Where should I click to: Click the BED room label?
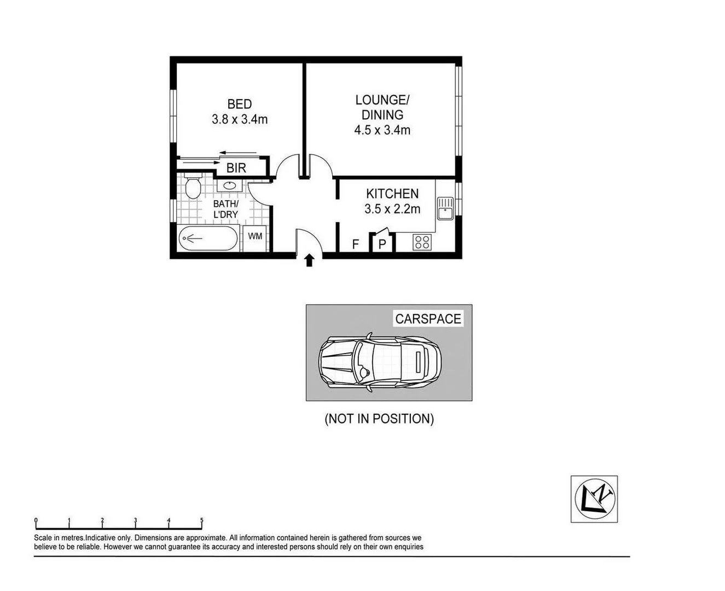240,104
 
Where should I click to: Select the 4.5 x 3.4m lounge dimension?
382,130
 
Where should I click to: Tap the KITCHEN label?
392,194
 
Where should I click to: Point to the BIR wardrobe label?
236,168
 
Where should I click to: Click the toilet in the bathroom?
192,187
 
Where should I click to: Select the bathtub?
208,239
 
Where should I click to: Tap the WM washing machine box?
255,236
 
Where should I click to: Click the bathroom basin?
230,185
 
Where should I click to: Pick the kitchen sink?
445,208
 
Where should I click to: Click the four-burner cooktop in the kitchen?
422,242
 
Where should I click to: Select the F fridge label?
355,244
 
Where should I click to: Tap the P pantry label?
382,244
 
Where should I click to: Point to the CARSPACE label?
428,319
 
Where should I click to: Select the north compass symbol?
594,499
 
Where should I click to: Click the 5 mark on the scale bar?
202,521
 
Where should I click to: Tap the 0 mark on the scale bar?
36,521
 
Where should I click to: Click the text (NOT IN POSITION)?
379,419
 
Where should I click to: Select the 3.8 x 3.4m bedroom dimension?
240,119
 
